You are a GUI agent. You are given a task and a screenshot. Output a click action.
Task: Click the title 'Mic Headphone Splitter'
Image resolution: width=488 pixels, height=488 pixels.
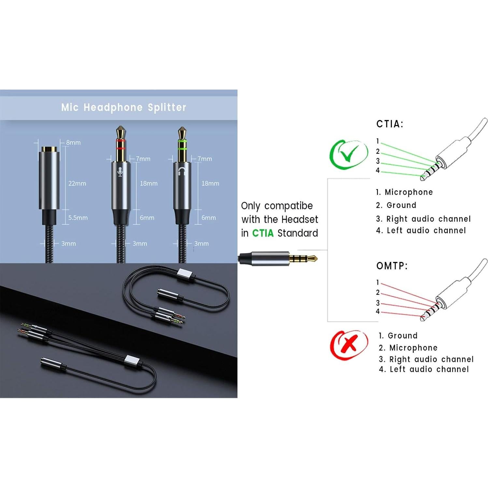pos(123,108)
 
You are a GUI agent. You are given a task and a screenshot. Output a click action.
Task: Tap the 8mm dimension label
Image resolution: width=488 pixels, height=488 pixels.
pos(73,143)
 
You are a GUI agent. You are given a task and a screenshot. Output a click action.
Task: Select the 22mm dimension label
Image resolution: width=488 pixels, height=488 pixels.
pos(77,183)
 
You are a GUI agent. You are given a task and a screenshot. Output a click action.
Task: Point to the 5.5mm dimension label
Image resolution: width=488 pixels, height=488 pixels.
pos(78,218)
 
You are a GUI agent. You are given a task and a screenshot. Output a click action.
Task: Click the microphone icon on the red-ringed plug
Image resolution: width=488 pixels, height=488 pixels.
pos(120,172)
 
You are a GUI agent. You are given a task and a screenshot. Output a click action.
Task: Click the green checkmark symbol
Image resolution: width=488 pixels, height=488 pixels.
pos(349,154)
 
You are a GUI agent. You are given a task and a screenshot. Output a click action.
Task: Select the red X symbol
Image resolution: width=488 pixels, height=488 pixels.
pos(349,345)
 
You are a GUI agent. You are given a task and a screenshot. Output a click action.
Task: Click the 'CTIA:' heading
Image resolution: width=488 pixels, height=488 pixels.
pos(390,124)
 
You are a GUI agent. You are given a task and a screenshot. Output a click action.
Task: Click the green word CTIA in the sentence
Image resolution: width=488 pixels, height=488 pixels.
pos(263,233)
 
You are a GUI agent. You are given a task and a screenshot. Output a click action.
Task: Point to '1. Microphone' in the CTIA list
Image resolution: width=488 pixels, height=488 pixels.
pos(404,192)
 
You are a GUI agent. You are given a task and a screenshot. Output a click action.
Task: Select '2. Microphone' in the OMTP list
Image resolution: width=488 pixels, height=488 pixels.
pos(408,348)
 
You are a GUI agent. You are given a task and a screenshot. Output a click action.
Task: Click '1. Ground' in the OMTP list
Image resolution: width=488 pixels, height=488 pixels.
pos(398,336)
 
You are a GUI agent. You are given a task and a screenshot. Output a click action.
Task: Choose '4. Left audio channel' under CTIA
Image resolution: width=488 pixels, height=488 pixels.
pos(421,231)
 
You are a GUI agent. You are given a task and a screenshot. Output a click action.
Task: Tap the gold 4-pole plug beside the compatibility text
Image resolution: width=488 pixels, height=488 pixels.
pos(303,259)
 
